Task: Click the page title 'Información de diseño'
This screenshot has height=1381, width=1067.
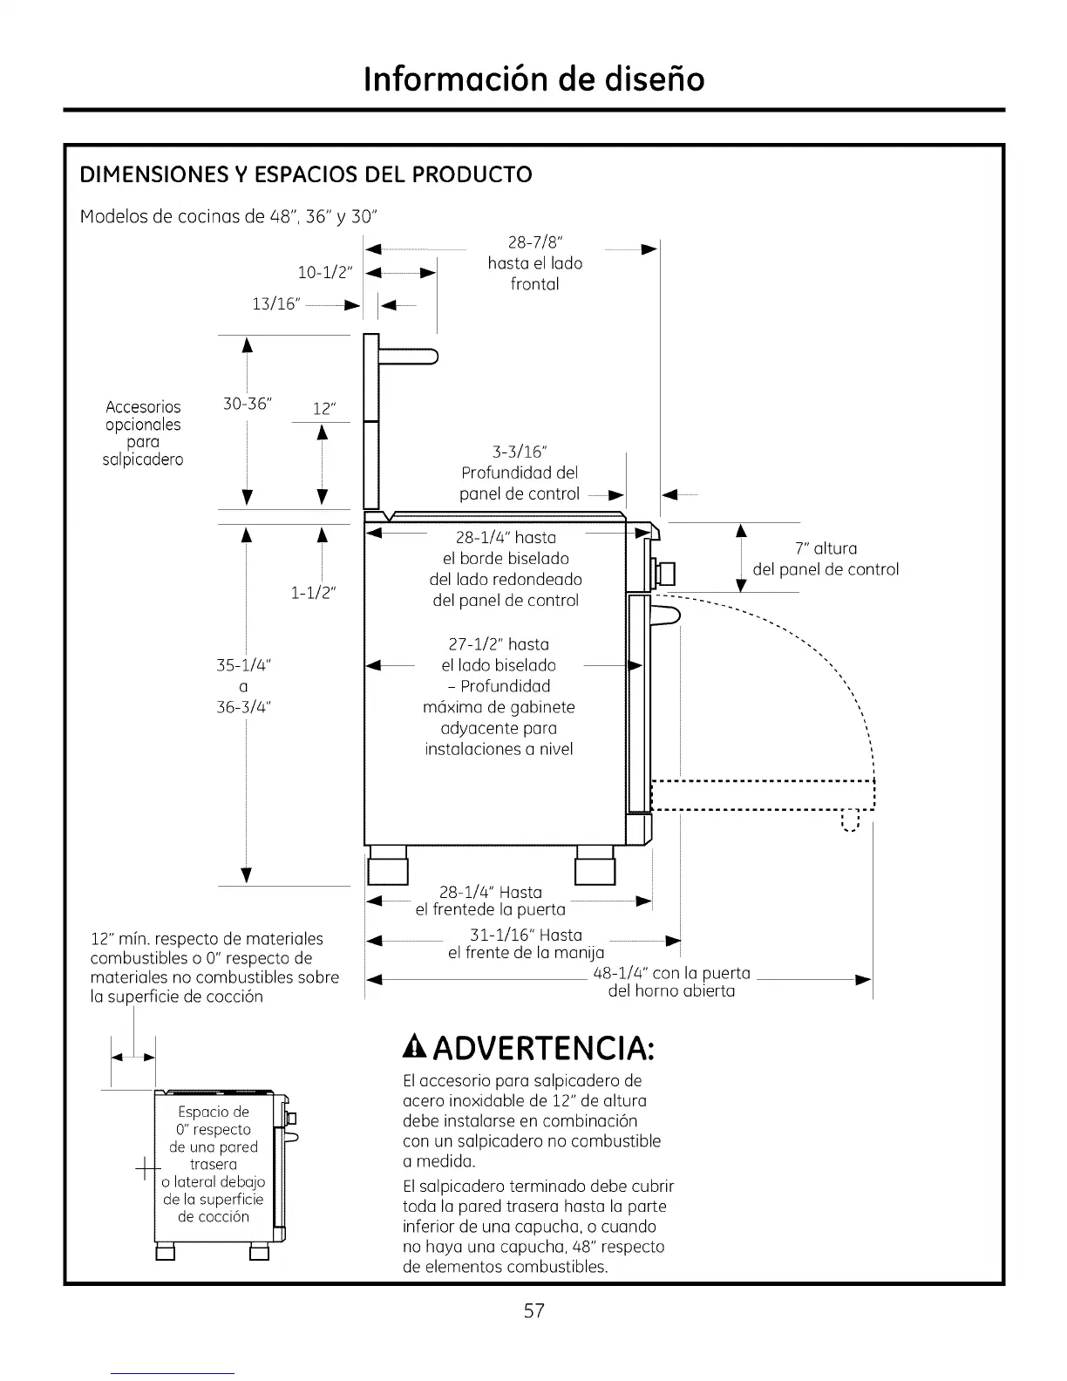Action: point(533,78)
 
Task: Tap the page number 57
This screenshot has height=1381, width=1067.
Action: point(533,1310)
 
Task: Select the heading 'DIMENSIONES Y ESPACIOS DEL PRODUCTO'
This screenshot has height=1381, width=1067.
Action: point(306,174)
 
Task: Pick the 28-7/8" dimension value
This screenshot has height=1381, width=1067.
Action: point(534,242)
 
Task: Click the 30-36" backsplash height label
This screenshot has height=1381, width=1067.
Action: point(248,404)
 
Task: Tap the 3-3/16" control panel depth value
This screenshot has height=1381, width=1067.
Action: point(519,452)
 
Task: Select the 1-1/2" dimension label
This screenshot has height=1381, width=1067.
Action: point(314,594)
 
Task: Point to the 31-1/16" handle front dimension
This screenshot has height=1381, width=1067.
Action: point(526,935)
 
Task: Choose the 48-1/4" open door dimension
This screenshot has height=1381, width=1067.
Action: point(671,973)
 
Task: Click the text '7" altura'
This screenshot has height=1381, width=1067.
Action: point(826,548)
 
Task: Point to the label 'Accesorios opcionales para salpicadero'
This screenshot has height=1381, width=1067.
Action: point(143,433)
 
